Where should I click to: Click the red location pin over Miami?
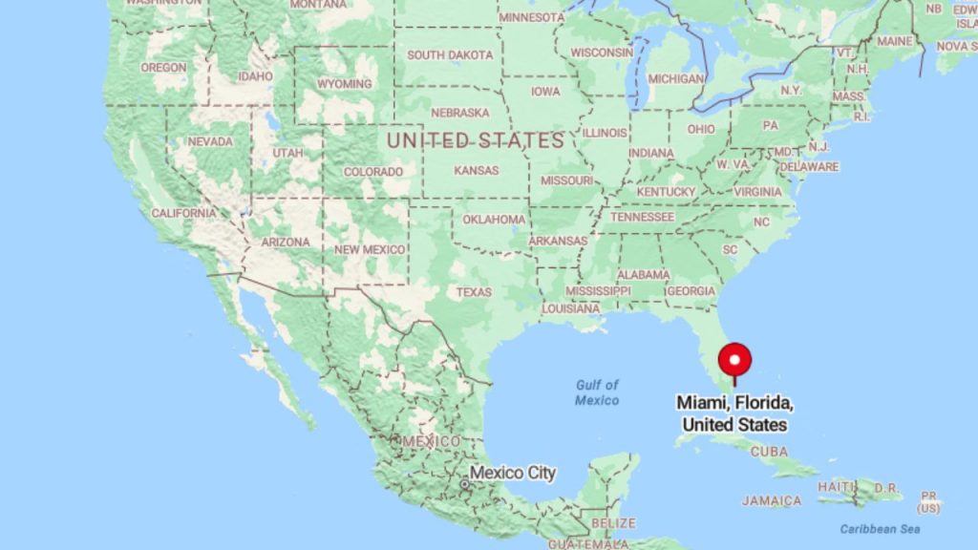pos(734,360)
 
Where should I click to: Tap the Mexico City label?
pos(512,473)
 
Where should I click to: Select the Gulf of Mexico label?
pos(597,392)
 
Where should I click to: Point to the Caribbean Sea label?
pos(880,528)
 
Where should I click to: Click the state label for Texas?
pos(474,291)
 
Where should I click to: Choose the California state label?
pos(183,213)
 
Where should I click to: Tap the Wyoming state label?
pos(344,84)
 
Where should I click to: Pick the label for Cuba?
pos(769,451)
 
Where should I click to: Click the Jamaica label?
pos(771,500)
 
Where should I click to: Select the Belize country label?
pos(613,523)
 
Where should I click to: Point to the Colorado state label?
pos(373,172)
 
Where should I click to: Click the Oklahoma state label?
pos(494,220)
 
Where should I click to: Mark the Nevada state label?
pos(210,141)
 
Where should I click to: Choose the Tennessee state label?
pos(642,217)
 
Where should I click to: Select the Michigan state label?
pos(676,78)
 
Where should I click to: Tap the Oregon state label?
pos(163,68)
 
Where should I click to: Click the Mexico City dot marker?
pos(464,485)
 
